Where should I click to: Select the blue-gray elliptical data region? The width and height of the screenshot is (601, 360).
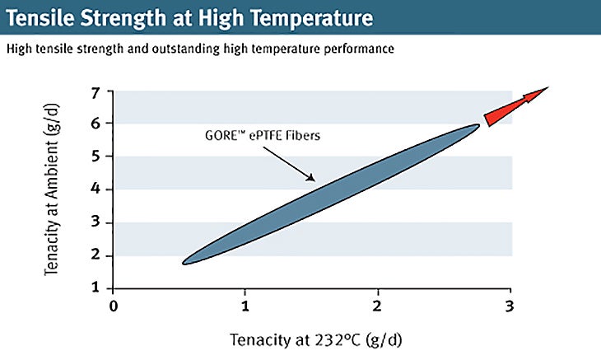pyautogui.click(x=329, y=194)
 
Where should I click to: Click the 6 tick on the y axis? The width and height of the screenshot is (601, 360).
pyautogui.click(x=97, y=124)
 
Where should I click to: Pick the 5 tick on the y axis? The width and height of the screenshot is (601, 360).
pyautogui.click(x=97, y=157)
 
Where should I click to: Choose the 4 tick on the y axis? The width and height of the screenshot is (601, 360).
pyautogui.click(x=97, y=189)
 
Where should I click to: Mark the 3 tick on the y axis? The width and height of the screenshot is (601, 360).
pyautogui.click(x=97, y=222)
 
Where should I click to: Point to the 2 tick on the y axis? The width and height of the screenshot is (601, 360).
pyautogui.click(x=97, y=255)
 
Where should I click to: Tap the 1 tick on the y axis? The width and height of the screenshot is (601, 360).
pyautogui.click(x=97, y=288)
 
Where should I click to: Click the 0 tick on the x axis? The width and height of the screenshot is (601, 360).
pyautogui.click(x=114, y=306)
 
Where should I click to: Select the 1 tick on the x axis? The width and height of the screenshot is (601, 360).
pyautogui.click(x=245, y=306)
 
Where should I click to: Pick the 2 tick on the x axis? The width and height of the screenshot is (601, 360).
pyautogui.click(x=378, y=306)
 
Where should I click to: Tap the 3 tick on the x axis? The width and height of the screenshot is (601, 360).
pyautogui.click(x=510, y=306)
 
